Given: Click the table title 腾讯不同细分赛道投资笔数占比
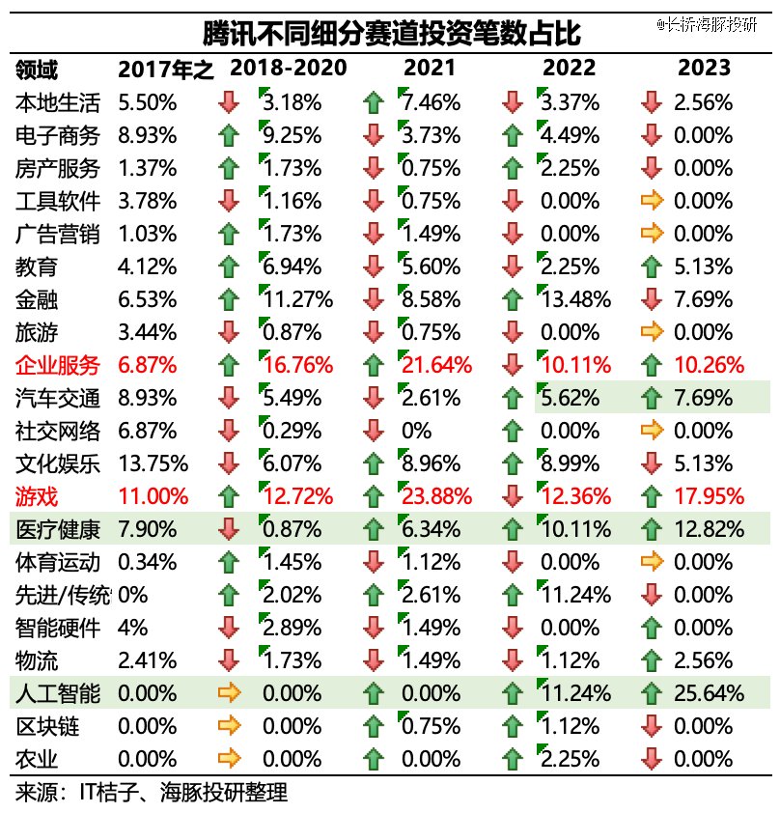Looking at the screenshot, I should click(x=391, y=34).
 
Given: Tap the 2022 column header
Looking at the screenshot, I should click(x=569, y=69).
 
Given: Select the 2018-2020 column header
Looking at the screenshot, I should click(x=288, y=69).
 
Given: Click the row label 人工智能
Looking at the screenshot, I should click(x=58, y=692).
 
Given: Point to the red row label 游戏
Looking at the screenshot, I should click(x=37, y=496).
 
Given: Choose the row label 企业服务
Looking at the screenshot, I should click(x=58, y=365).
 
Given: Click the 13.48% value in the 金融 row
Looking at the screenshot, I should click(x=577, y=299).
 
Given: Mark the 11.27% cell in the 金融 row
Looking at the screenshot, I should click(x=297, y=299).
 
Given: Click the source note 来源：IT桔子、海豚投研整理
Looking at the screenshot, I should click(x=152, y=793).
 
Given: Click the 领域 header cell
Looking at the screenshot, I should click(x=37, y=70).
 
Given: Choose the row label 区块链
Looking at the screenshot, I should click(x=47, y=725).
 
